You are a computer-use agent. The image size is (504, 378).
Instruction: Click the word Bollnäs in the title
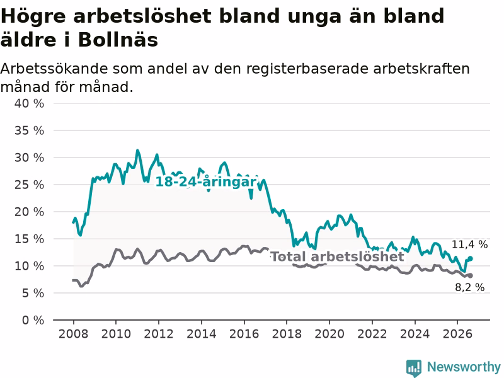(118, 40)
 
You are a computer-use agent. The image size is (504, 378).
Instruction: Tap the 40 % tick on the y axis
(29, 103)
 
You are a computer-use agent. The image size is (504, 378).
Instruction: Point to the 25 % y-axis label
(29, 185)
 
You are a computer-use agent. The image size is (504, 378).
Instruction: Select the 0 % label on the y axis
(33, 320)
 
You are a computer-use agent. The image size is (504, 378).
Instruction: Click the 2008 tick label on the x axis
(73, 334)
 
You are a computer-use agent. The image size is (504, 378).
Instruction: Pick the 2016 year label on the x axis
(244, 334)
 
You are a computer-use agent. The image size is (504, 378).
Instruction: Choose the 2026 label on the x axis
(457, 334)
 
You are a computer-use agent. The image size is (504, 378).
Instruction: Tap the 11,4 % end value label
(469, 244)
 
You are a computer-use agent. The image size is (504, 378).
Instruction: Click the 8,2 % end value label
(469, 287)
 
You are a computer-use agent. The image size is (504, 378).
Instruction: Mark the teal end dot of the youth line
(470, 258)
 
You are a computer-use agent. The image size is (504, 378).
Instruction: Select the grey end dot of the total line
(470, 275)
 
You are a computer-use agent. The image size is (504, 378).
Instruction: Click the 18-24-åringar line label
(206, 182)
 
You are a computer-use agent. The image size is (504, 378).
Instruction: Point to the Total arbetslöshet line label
(337, 256)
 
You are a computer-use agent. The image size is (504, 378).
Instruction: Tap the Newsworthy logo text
(464, 367)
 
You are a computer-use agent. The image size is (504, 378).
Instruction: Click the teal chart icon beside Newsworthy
(414, 367)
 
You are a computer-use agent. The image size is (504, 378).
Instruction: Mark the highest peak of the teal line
(137, 151)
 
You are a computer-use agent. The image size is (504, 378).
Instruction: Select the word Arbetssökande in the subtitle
(54, 69)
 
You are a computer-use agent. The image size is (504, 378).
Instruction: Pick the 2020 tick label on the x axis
(329, 334)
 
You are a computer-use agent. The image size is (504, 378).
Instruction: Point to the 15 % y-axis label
(29, 239)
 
